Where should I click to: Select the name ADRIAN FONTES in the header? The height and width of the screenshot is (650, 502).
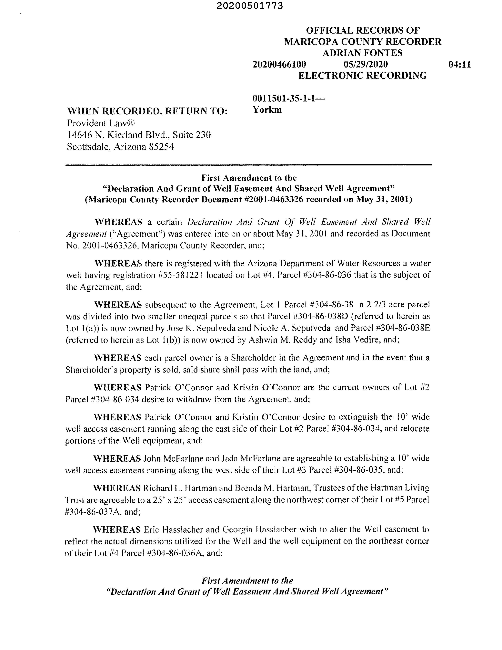coord(363,53)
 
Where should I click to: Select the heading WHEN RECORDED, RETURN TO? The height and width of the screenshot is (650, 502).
coord(147,111)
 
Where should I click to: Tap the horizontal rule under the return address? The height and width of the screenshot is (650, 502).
coord(249,165)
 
